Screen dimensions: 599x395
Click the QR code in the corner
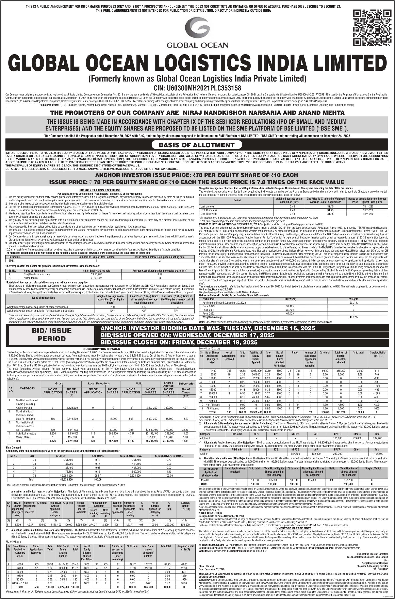(x=372, y=28)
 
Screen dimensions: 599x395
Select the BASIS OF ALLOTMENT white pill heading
(x=197, y=145)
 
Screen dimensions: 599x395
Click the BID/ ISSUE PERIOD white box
(x=52, y=334)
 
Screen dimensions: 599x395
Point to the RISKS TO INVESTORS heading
(x=100, y=190)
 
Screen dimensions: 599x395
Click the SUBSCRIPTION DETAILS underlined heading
(x=101, y=349)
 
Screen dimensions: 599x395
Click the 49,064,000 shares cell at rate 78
(x=61, y=476)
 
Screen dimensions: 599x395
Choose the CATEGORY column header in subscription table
(x=28, y=388)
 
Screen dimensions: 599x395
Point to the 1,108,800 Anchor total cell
(x=377, y=454)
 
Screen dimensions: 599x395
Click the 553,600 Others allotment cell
(x=357, y=438)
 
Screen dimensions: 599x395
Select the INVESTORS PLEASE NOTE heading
(x=293, y=528)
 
